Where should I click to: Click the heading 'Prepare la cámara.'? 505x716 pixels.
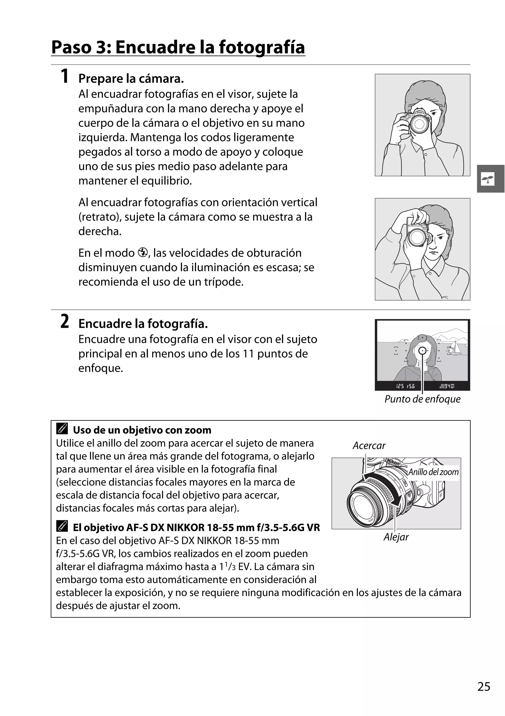[x=131, y=78]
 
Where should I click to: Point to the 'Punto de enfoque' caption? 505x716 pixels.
[x=422, y=399]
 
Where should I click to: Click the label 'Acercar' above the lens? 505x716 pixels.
[x=369, y=446]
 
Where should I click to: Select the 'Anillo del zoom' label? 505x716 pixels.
[x=433, y=472]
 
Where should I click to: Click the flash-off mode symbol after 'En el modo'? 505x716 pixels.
[x=143, y=252]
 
